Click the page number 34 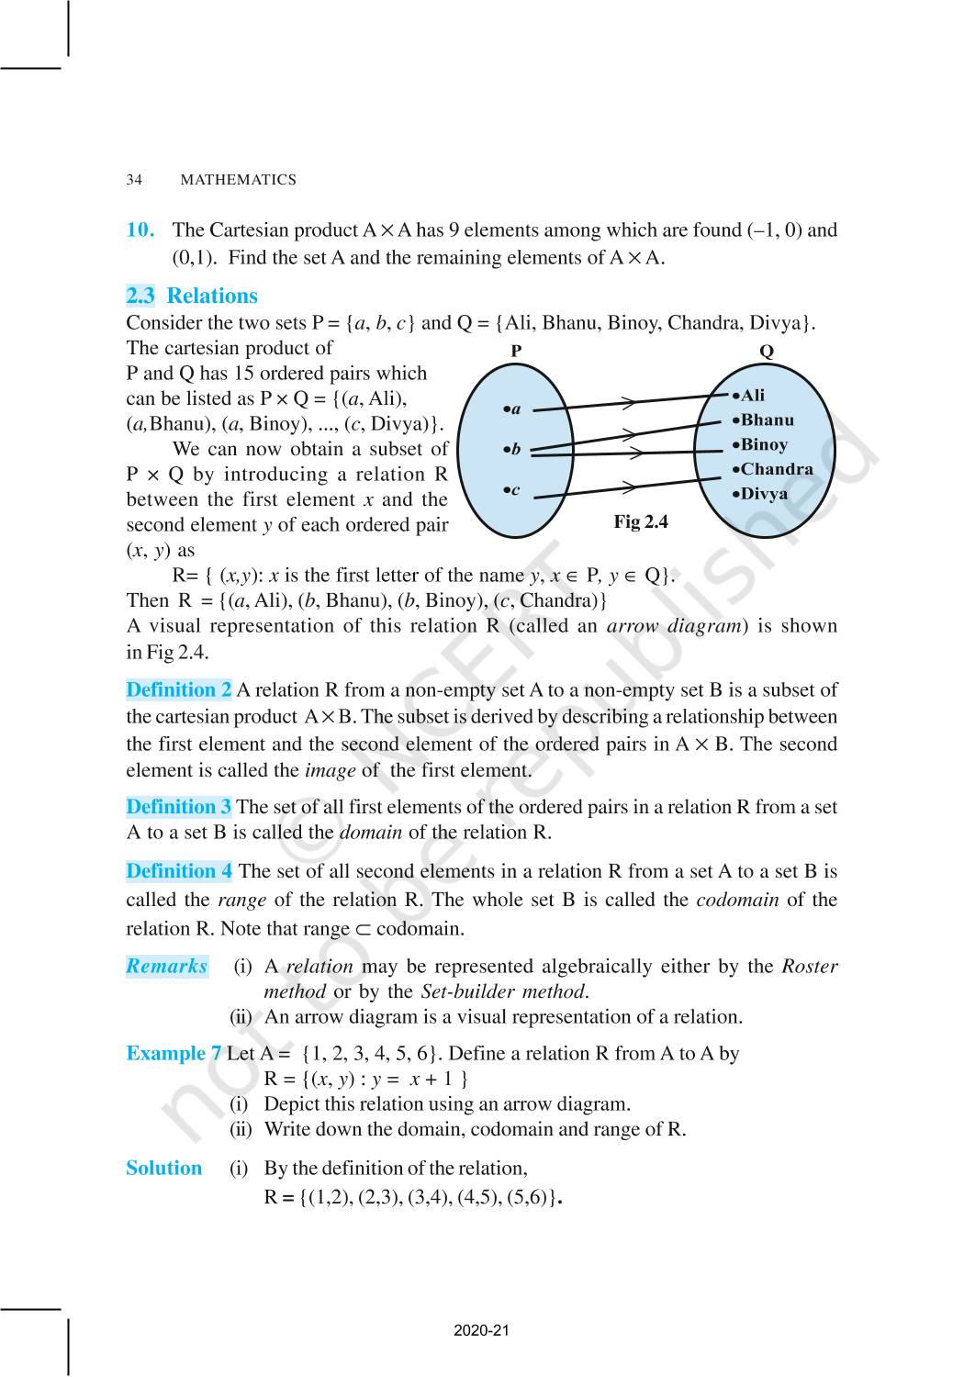pyautogui.click(x=134, y=180)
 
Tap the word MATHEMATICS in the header pyautogui.click(x=238, y=180)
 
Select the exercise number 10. pyautogui.click(x=140, y=230)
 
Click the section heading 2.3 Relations pyautogui.click(x=192, y=296)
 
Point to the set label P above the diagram pyautogui.click(x=516, y=351)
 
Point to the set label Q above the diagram pyautogui.click(x=767, y=351)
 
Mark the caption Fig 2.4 pyautogui.click(x=641, y=522)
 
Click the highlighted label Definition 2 pyautogui.click(x=179, y=690)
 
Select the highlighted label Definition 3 pyautogui.click(x=179, y=807)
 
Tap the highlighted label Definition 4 pyautogui.click(x=179, y=871)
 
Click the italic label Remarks pyautogui.click(x=167, y=966)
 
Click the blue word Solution pyautogui.click(x=163, y=1169)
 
